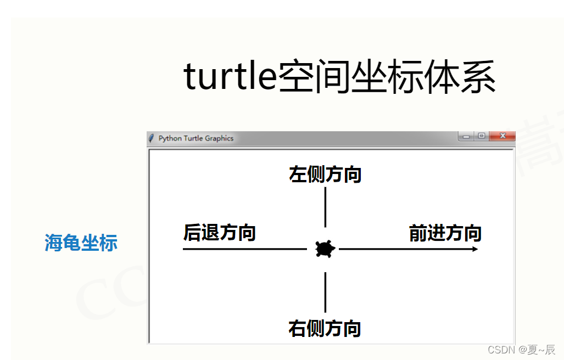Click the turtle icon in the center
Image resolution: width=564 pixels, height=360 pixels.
pos(325,249)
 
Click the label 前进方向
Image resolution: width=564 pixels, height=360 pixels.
pos(445,233)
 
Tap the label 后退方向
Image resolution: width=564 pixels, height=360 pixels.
pos(219,233)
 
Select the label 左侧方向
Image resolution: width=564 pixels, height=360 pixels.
pos(325,175)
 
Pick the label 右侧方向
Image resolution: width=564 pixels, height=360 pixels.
pos(325,328)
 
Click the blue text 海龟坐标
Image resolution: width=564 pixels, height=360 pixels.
pos(81,243)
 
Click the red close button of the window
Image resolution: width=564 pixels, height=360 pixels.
pos(502,136)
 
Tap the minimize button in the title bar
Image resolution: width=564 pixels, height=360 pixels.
pos(466,136)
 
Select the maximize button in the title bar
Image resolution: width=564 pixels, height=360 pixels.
pos(481,136)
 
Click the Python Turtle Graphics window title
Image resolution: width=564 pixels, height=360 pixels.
pos(196,138)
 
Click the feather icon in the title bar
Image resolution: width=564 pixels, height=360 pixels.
pos(152,138)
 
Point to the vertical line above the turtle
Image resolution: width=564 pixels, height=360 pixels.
pos(325,207)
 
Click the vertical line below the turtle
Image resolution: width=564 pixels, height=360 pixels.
pos(325,292)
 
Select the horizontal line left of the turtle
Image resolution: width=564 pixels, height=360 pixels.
pos(244,249)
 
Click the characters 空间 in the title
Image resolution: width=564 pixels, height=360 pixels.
pos(312,77)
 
